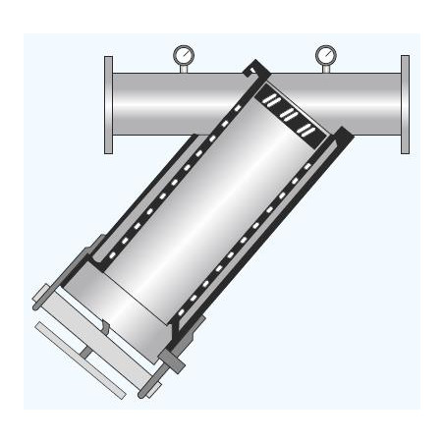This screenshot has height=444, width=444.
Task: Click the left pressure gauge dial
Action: [182, 54]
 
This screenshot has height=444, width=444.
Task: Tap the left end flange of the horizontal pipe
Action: [109, 105]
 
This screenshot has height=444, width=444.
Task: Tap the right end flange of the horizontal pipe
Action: [404, 105]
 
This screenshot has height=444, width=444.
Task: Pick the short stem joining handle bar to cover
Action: [88, 348]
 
